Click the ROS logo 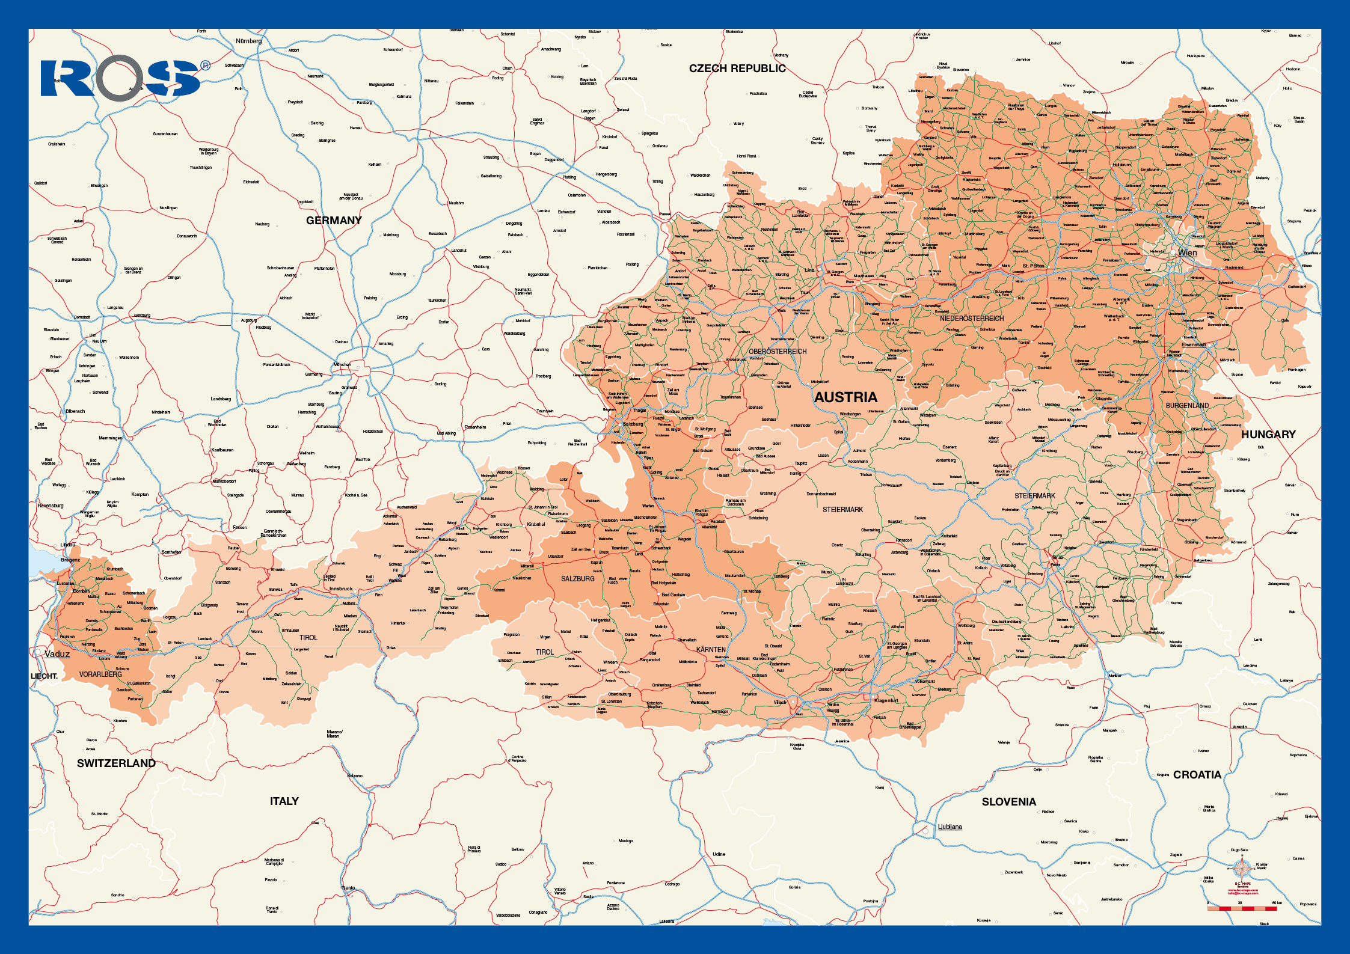[x=123, y=78]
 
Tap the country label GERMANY [x=334, y=221]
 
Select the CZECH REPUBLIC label [x=737, y=69]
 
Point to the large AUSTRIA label [x=845, y=397]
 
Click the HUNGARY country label [x=1268, y=435]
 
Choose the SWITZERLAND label [x=116, y=763]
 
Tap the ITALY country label [x=284, y=801]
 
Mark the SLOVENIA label [x=1008, y=802]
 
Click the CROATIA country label [x=1197, y=775]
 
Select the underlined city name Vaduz [x=57, y=654]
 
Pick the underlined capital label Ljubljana [x=950, y=827]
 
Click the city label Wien [x=1187, y=252]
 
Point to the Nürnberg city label [x=248, y=41]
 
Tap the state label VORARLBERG [x=100, y=674]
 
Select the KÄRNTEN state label [x=711, y=650]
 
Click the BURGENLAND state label [x=1187, y=406]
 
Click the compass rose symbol [x=1241, y=868]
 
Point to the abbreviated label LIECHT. [x=44, y=676]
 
